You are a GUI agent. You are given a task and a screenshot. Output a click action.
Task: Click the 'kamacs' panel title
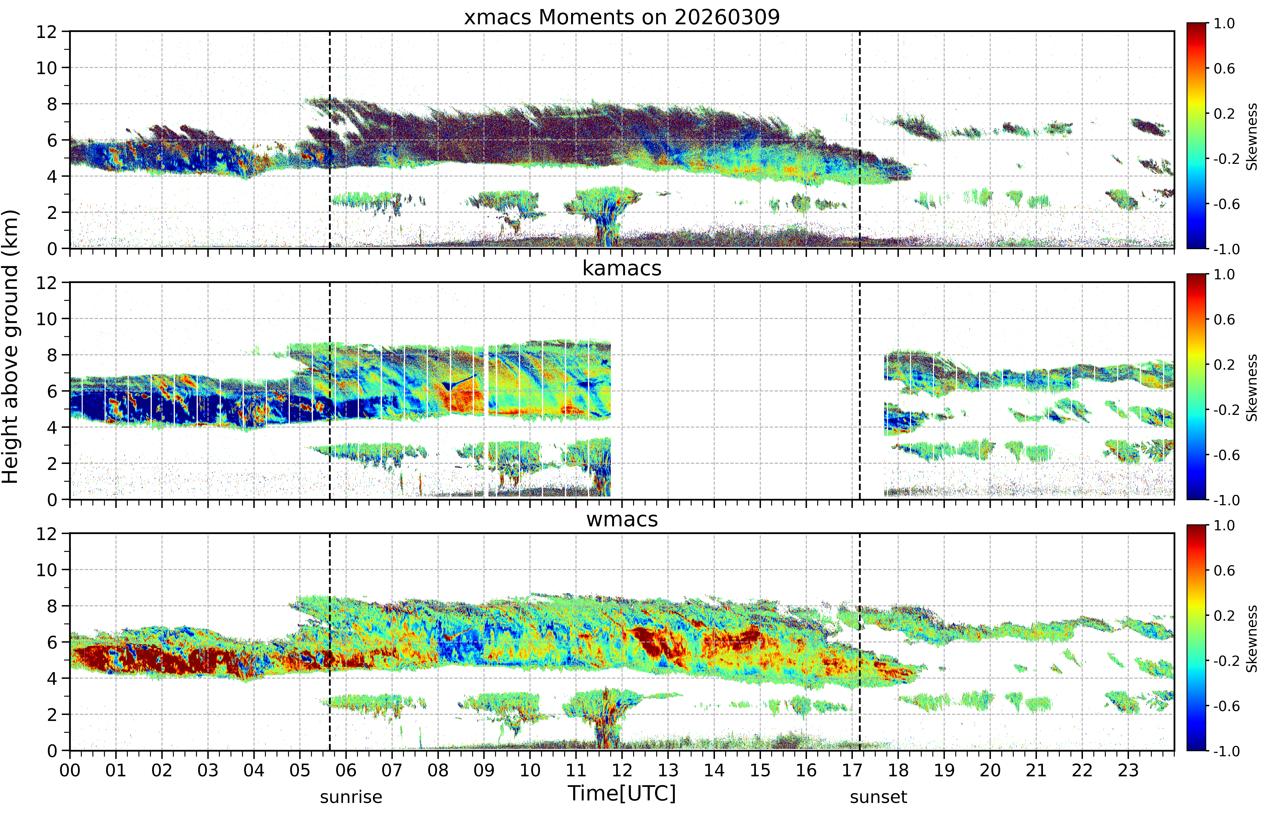[622, 268]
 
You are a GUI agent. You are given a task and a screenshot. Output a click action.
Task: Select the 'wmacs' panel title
[622, 519]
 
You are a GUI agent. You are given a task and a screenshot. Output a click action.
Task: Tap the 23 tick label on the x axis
[1128, 770]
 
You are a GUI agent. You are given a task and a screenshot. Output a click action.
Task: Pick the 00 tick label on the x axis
[70, 770]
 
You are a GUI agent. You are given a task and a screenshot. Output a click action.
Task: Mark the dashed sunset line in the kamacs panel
[860, 391]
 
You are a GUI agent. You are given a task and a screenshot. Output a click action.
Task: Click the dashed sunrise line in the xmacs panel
[330, 140]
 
